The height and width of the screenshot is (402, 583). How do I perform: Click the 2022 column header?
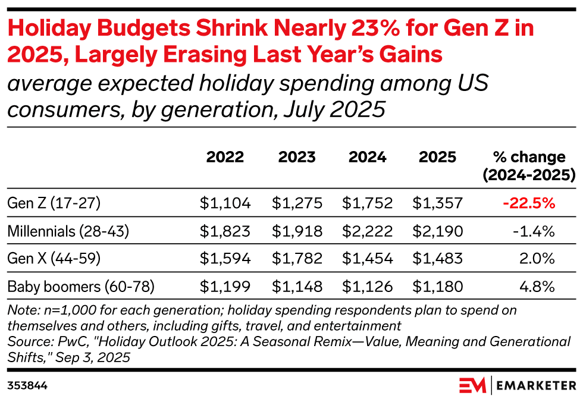(x=225, y=157)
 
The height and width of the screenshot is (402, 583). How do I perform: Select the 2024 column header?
(x=367, y=157)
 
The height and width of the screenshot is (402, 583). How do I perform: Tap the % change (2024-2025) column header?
(x=529, y=166)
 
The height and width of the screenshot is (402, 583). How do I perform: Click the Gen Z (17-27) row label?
(x=54, y=203)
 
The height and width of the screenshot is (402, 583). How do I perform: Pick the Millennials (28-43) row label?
(x=68, y=231)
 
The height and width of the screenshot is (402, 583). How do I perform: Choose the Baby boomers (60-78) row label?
(x=81, y=287)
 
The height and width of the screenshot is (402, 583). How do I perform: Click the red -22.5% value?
(x=529, y=203)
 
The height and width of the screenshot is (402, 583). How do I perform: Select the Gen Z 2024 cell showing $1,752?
(x=367, y=203)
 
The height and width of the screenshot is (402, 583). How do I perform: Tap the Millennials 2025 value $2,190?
(x=437, y=231)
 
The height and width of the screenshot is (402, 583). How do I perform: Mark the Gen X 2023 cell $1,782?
(x=297, y=259)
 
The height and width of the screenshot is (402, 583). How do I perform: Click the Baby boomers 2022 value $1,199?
(x=225, y=287)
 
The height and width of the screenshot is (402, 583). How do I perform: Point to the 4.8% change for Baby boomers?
(x=537, y=287)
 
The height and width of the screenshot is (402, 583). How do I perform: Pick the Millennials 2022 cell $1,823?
(x=225, y=231)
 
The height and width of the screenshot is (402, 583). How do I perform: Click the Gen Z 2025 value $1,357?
(x=437, y=203)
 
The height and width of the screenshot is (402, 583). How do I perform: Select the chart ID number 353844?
(x=27, y=386)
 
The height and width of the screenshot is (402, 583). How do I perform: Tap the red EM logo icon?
(x=472, y=385)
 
